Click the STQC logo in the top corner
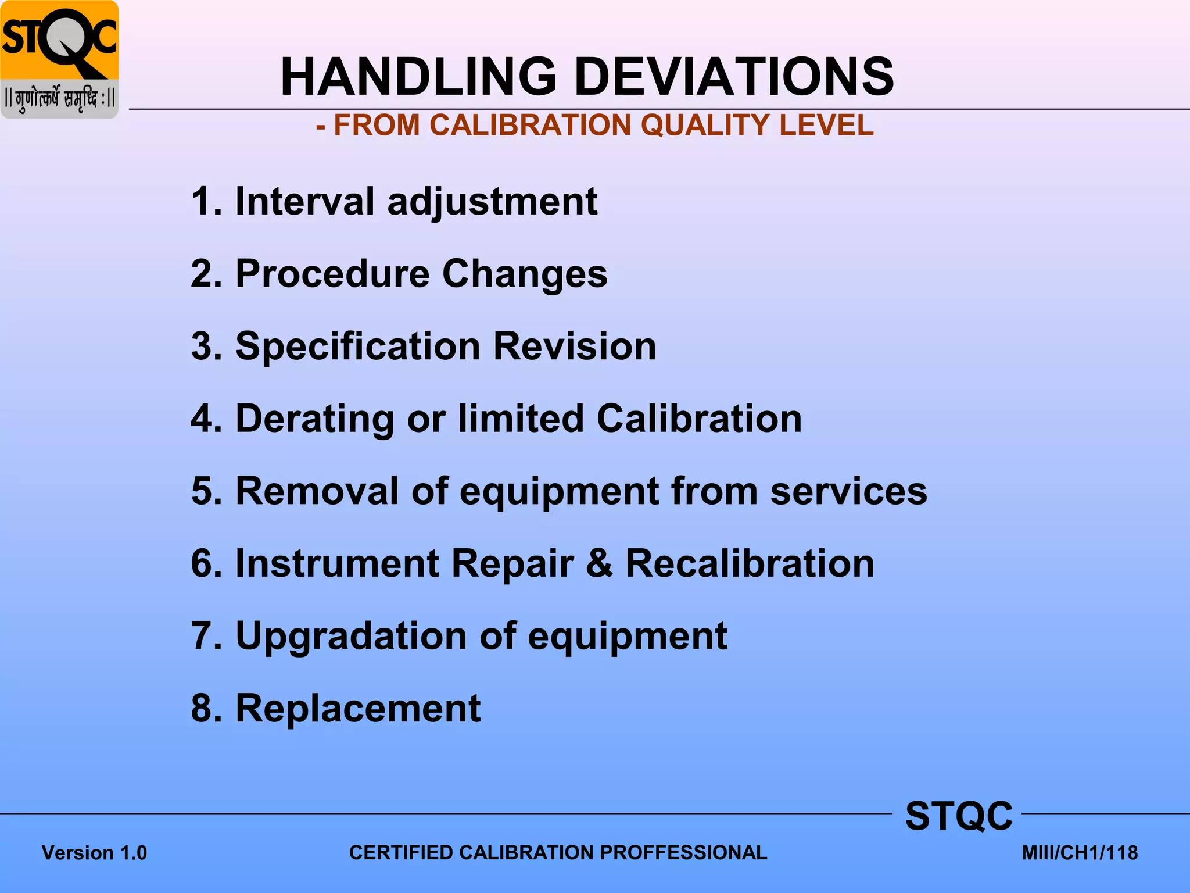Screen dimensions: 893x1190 tap(59, 59)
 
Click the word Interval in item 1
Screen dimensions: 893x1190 tap(304, 201)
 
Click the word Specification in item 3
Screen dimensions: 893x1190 tap(357, 347)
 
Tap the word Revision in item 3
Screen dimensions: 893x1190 tap(575, 346)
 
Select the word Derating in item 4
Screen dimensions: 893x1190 tap(315, 419)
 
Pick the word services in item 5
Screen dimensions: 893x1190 tap(848, 491)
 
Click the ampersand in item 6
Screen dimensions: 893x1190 tap(599, 563)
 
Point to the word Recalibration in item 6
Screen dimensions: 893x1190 tap(750, 563)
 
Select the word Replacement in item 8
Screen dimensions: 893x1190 tap(358, 708)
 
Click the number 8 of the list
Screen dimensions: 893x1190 tap(204, 708)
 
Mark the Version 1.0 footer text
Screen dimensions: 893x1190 tap(94, 853)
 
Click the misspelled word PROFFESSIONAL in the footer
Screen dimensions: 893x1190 tap(683, 852)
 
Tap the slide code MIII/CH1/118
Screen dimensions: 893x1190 tap(1080, 853)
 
